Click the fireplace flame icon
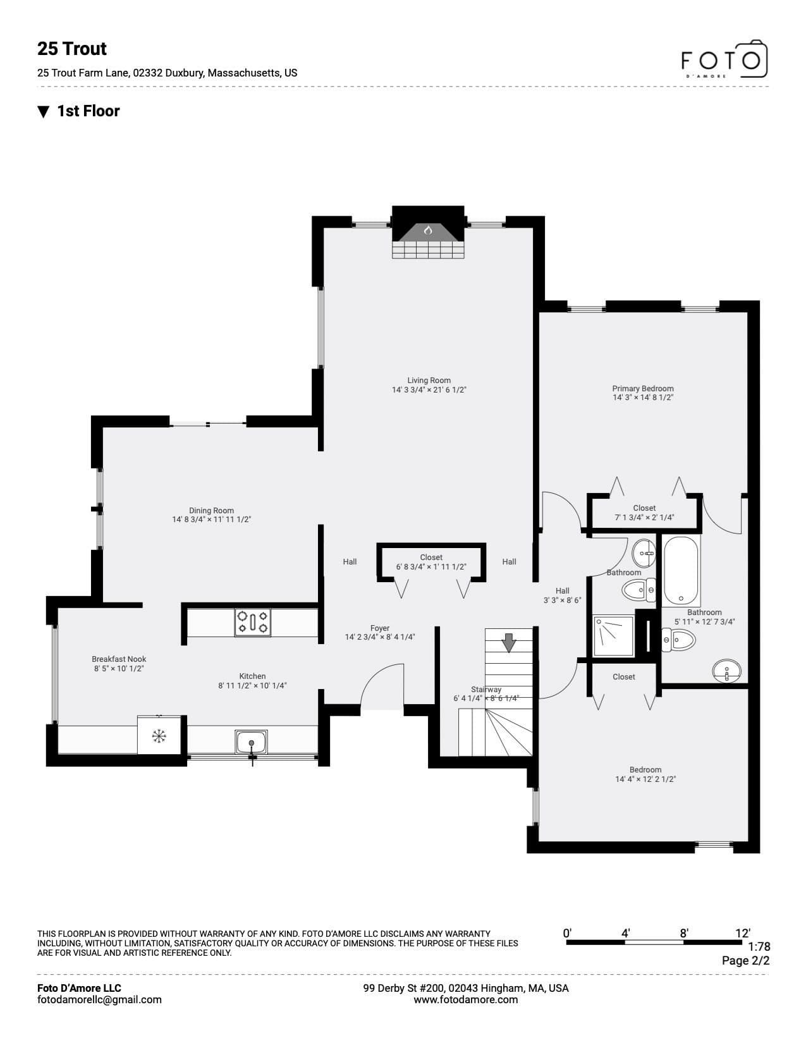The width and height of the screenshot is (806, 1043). click(x=428, y=230)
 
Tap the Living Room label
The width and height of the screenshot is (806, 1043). click(x=429, y=380)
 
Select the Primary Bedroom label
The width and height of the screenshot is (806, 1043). click(x=643, y=388)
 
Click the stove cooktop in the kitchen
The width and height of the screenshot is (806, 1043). click(x=252, y=623)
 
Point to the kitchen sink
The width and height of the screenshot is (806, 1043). click(x=252, y=742)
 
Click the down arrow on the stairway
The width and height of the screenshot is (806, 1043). click(x=509, y=642)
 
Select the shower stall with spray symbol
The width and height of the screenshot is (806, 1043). click(x=614, y=637)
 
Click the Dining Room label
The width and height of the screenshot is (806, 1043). click(x=211, y=510)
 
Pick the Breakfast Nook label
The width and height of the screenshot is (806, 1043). click(x=119, y=659)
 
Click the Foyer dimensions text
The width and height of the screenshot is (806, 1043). click(x=380, y=637)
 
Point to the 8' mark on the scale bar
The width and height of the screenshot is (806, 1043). click(x=683, y=933)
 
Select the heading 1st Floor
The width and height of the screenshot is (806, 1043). click(x=89, y=111)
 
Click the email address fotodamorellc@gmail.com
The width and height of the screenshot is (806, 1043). click(x=99, y=999)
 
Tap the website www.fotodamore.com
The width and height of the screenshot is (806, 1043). click(x=466, y=999)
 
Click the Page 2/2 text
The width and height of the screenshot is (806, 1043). click(x=745, y=960)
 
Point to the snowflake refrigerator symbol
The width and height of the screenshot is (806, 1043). click(x=159, y=736)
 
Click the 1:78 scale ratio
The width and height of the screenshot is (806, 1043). click(x=759, y=946)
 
